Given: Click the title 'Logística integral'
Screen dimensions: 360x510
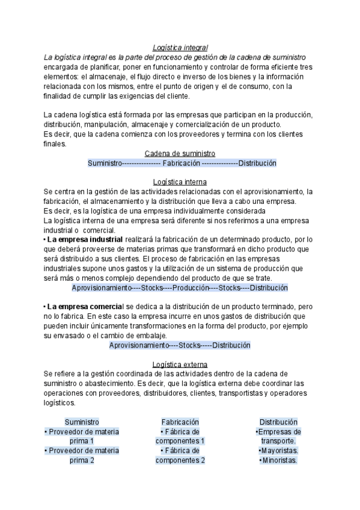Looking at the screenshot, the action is coord(180,47).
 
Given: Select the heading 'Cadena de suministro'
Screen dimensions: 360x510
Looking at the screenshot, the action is coord(180,153).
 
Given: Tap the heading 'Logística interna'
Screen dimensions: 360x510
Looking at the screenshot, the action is coord(180,182).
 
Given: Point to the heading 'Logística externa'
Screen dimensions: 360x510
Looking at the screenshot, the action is coord(180,364).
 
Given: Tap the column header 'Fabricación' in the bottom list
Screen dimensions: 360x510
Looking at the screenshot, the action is coord(180,422).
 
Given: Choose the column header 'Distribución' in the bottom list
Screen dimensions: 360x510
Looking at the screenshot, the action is coord(278,422).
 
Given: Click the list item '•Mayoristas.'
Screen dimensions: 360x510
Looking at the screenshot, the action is coord(278,450).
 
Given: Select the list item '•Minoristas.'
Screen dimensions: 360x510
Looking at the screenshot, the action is coord(278,460).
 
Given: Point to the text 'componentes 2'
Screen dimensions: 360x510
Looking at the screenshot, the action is coord(180,460).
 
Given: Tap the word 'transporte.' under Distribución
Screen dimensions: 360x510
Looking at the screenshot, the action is coord(278,441).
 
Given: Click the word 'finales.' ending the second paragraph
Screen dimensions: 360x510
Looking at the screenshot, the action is coord(56,144).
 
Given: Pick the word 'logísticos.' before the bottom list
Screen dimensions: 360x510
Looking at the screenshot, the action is coord(59,403).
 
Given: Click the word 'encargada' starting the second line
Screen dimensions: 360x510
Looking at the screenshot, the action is coord(63,67).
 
